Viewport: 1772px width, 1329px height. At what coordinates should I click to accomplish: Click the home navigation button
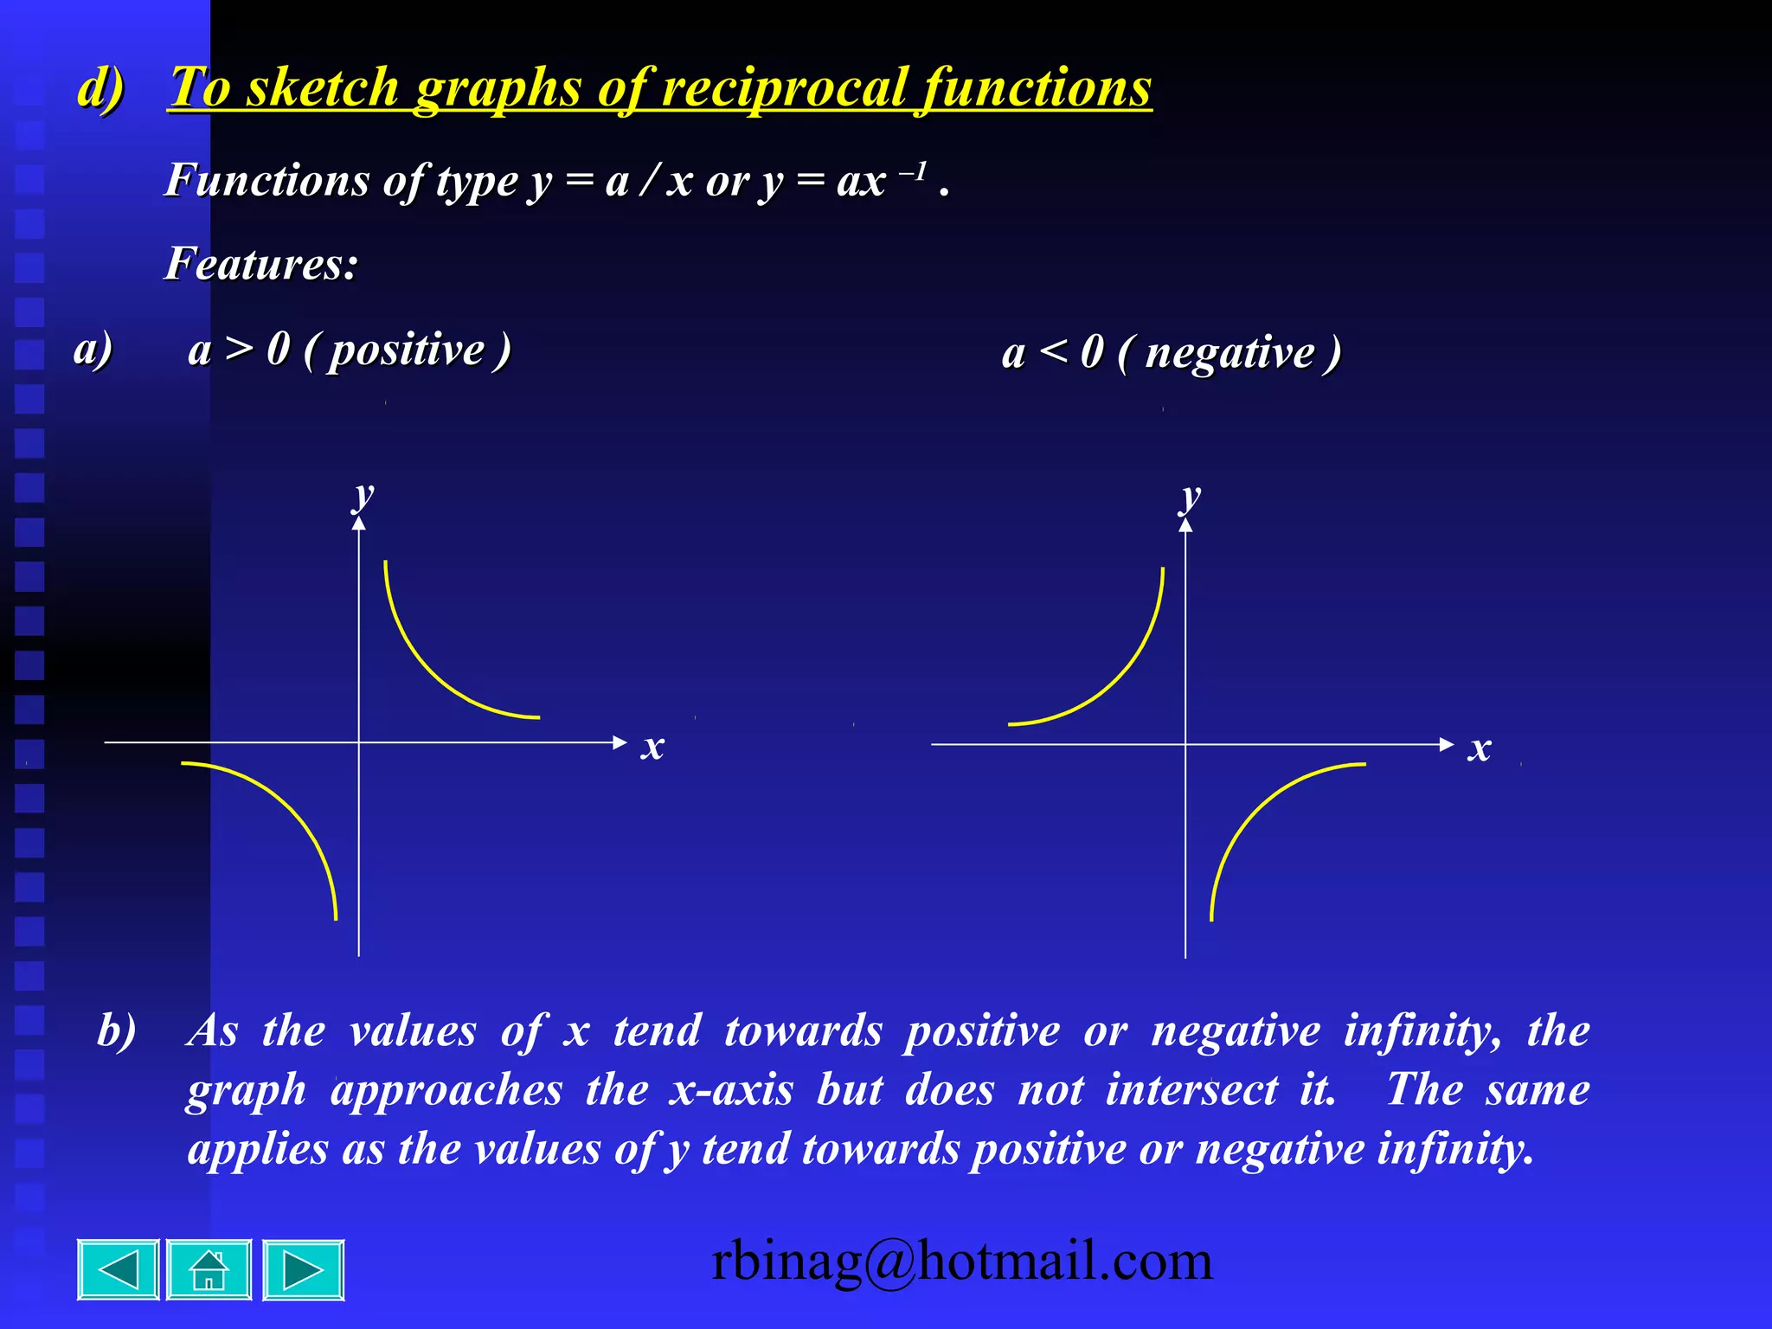click(x=209, y=1270)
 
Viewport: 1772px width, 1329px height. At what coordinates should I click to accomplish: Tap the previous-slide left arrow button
click(x=119, y=1270)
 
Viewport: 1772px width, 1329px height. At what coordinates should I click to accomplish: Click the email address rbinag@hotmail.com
click(x=961, y=1261)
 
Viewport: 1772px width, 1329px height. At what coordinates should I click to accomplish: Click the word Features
click(x=260, y=264)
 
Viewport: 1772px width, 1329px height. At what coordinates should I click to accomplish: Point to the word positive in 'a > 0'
click(x=407, y=350)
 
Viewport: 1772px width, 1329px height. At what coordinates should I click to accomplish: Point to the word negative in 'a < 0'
click(x=1229, y=354)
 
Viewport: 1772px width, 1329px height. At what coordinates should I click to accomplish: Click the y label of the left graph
click(x=364, y=496)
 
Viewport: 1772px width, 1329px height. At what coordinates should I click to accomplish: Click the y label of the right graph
click(x=1191, y=498)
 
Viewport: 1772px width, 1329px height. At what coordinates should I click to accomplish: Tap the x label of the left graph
click(x=652, y=746)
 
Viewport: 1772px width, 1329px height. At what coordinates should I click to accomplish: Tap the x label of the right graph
click(x=1480, y=748)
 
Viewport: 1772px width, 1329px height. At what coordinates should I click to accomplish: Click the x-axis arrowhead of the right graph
click(x=1446, y=744)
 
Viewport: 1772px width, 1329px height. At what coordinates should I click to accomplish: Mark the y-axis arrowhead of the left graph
click(x=359, y=521)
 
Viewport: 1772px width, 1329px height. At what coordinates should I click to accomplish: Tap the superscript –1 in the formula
click(x=913, y=172)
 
